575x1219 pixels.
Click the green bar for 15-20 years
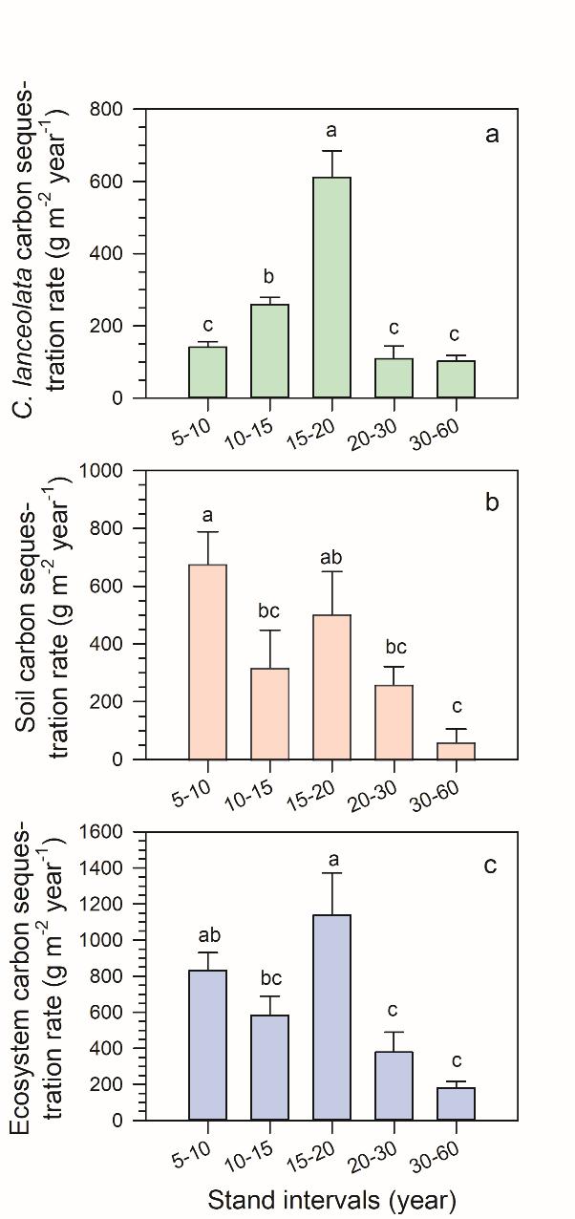coord(331,287)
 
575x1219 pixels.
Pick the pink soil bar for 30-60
coord(456,751)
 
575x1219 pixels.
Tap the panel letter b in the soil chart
coord(492,503)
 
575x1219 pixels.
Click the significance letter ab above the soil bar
coord(331,558)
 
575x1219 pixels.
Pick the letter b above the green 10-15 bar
coord(268,278)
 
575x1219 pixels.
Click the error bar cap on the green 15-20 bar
coord(331,151)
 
